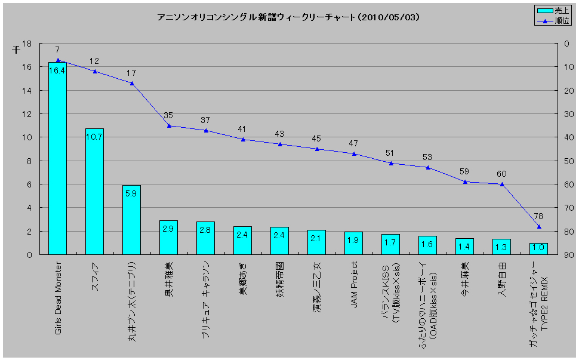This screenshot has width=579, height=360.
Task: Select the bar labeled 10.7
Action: tap(94, 191)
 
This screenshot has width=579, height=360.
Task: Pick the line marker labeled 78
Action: tap(538, 227)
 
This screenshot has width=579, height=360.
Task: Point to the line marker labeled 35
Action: tap(169, 126)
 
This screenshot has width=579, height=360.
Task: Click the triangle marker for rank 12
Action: tap(95, 72)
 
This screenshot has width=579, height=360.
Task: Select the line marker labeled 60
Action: tap(501, 184)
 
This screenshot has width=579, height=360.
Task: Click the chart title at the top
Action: tap(288, 17)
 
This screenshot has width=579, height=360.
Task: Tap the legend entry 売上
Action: tap(553, 10)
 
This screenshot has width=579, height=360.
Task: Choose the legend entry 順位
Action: tap(553, 20)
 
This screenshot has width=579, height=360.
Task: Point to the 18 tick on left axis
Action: tap(27, 44)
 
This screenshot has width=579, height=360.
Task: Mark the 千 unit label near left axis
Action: tap(16, 50)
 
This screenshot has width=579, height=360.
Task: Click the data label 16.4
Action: tap(57, 70)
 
